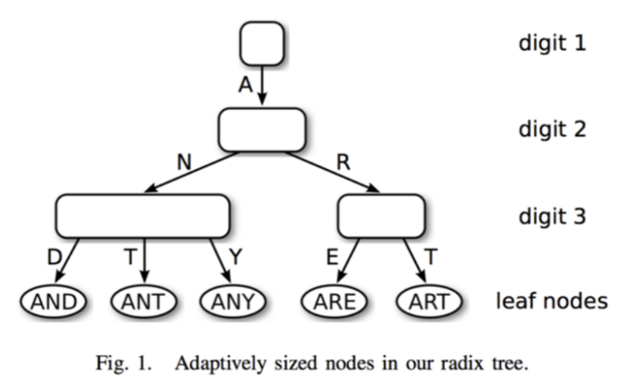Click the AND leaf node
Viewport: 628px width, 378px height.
pos(54,302)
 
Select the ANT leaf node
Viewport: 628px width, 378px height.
pos(144,302)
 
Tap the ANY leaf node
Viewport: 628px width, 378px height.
pos(233,302)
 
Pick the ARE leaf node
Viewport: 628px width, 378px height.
pos(335,302)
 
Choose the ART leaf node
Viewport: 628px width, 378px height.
pos(429,302)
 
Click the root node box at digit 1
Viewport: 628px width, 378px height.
pos(263,43)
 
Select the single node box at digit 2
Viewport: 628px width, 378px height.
pos(263,130)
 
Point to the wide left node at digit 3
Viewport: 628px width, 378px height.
pos(143,217)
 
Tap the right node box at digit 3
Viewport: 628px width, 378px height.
pos(381,217)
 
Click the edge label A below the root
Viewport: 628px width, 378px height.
pos(245,85)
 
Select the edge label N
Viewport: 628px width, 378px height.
pos(185,162)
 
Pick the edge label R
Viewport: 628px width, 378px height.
pos(344,162)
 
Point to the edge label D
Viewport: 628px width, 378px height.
pos(54,257)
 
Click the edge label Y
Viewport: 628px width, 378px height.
pos(235,257)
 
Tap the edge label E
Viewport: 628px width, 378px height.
pos(332,257)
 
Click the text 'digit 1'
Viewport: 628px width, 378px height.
pos(552,43)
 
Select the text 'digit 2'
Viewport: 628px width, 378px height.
pos(552,129)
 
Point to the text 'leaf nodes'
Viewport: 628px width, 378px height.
pos(552,301)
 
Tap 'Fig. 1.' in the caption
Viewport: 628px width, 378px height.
pos(123,363)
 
